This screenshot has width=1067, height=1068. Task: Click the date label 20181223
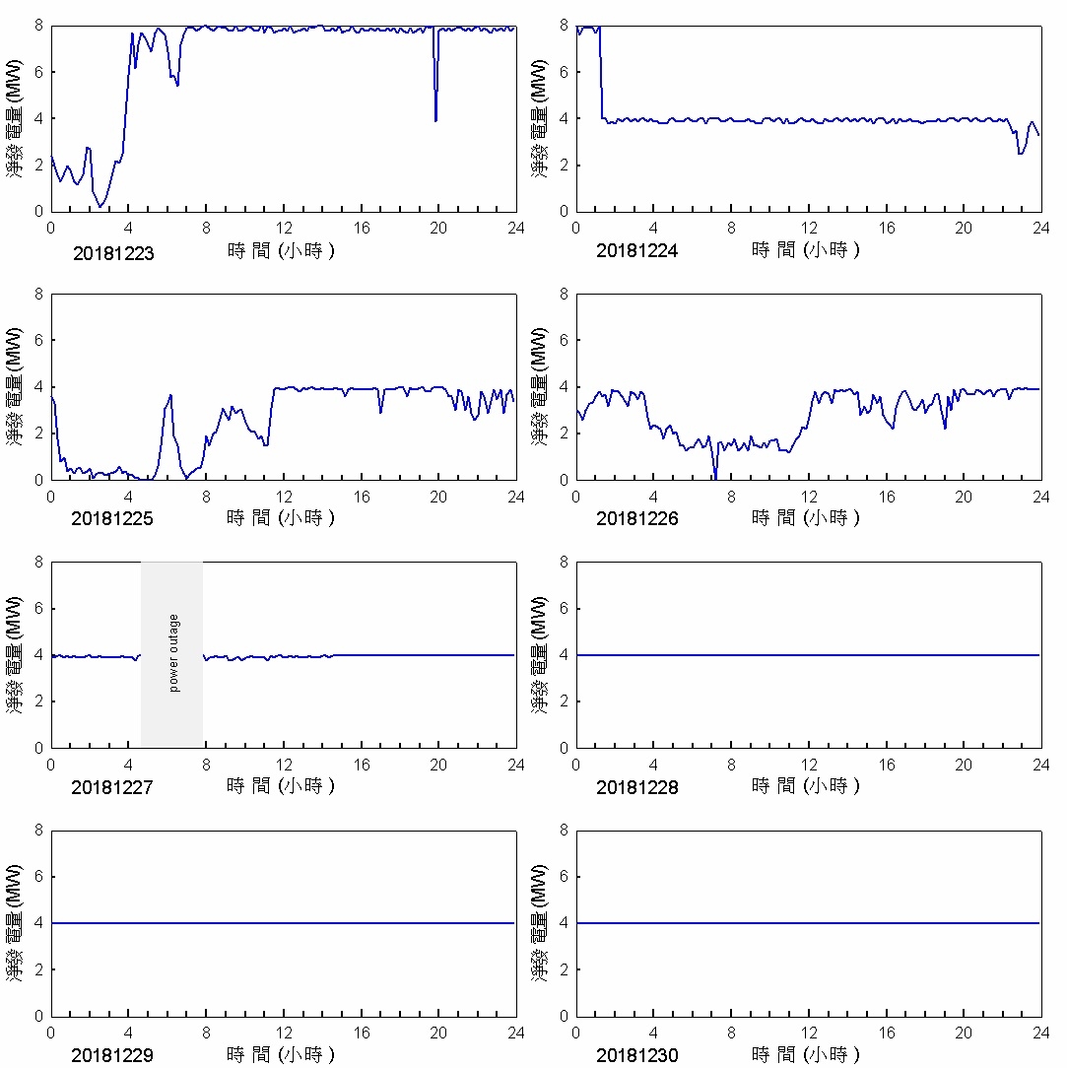[113, 253]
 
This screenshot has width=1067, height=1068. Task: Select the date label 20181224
[637, 251]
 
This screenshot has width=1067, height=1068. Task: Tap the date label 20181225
[112, 519]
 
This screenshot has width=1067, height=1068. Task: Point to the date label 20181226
[637, 519]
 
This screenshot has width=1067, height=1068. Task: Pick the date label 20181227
[112, 787]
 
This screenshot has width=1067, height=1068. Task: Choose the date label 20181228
[637, 787]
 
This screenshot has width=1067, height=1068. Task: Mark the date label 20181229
[112, 1055]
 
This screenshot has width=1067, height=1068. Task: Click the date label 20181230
[637, 1055]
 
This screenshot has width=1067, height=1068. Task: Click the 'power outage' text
[174, 653]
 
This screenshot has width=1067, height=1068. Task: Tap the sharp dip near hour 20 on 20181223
[435, 119]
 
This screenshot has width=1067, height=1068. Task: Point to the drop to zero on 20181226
[714, 478]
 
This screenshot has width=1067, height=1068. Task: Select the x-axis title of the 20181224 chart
[806, 250]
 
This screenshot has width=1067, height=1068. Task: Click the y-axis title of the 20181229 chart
[16, 922]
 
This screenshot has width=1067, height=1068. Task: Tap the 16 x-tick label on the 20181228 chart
[887, 765]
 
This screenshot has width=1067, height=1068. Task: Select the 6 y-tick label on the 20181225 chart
[38, 340]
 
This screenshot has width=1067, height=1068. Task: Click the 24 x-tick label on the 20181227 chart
[515, 765]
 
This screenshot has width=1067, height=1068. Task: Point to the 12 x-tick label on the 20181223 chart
[284, 228]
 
